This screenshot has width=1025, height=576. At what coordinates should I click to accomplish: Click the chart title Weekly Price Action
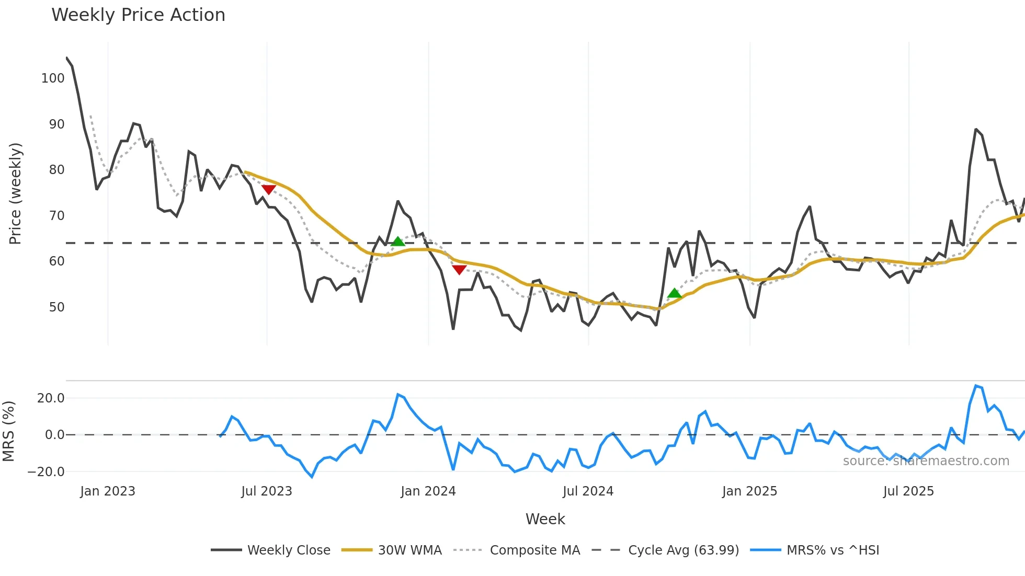click(138, 15)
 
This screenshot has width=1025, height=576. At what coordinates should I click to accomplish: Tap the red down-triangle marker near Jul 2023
click(268, 189)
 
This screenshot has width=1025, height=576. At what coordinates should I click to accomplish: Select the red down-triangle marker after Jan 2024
click(459, 270)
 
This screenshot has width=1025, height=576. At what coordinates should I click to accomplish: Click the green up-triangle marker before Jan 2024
click(398, 241)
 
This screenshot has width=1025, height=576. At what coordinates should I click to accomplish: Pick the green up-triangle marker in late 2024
click(675, 293)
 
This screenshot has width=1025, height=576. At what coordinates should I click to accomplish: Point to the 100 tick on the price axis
click(53, 78)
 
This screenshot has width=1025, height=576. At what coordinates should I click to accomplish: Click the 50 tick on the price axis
click(56, 307)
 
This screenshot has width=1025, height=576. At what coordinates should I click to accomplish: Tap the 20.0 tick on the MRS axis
click(51, 398)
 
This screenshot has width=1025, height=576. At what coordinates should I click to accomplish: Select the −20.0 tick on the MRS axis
click(46, 472)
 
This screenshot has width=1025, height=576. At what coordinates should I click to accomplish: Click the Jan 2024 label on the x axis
click(428, 491)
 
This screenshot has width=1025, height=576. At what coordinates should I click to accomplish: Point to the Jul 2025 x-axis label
click(908, 491)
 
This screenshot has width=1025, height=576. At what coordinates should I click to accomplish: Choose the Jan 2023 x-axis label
click(108, 491)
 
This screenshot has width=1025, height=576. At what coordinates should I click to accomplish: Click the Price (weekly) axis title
click(15, 193)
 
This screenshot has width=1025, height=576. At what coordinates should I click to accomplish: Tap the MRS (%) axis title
click(8, 431)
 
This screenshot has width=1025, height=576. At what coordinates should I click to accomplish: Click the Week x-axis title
click(545, 519)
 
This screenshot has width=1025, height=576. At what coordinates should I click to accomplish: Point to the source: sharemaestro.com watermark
click(926, 461)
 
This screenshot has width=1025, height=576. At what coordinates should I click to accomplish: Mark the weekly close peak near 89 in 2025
click(976, 129)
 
